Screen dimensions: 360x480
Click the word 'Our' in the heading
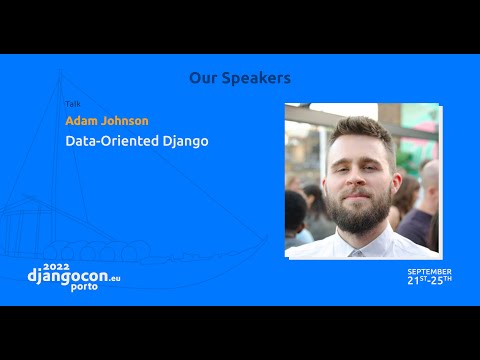click(204, 77)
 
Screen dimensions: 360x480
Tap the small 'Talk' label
click(73, 104)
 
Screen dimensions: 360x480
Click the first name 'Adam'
click(82, 121)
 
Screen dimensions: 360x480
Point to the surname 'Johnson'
click(125, 121)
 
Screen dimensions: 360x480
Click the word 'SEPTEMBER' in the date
click(429, 271)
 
